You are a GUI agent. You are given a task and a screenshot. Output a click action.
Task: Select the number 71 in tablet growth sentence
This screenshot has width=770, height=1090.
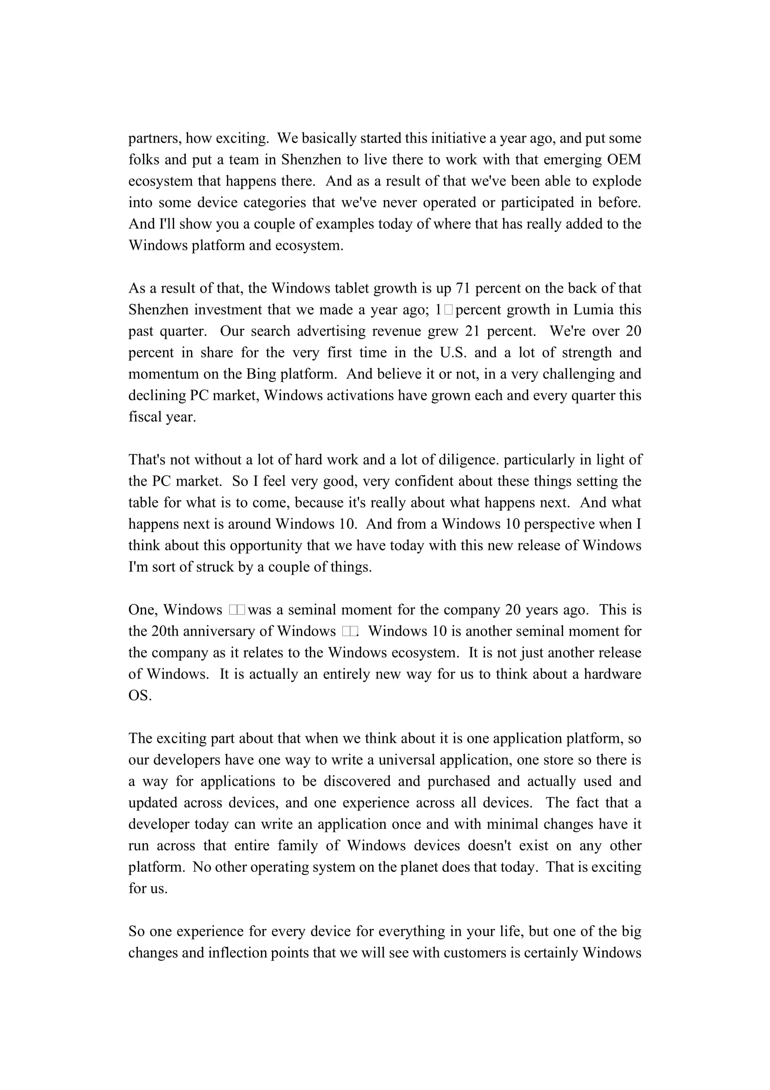coord(463,288)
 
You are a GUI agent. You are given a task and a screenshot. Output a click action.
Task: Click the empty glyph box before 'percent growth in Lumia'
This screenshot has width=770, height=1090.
coord(449,310)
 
